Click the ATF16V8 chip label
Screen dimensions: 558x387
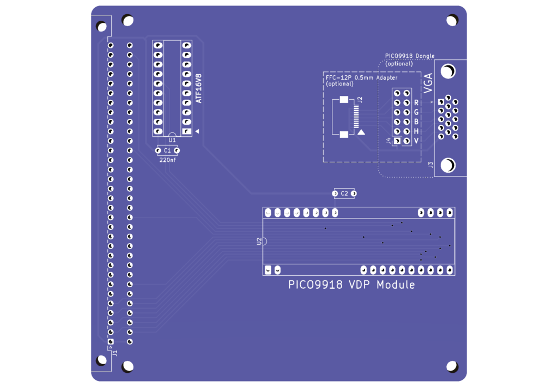[198, 89]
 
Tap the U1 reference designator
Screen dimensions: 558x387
[172, 140]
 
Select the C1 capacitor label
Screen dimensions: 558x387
[167, 150]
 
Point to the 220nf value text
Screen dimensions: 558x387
[168, 160]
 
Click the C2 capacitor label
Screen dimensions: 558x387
[344, 194]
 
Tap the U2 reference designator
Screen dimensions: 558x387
[259, 241]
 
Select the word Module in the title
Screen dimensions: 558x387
[396, 285]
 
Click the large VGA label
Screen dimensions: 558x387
[428, 83]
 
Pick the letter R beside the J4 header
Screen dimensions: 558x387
[416, 103]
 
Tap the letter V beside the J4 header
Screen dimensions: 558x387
[416, 141]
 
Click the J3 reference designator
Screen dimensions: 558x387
[430, 165]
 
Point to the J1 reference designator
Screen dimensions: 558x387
[114, 353]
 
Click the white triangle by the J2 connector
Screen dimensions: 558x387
[361, 132]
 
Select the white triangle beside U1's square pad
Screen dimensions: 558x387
[197, 131]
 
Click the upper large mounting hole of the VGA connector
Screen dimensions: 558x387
[448, 71]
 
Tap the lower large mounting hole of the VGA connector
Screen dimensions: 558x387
[448, 165]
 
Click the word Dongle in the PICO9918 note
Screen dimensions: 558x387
[425, 56]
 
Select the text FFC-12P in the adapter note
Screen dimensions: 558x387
[339, 77]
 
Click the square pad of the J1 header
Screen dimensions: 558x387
[111, 342]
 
